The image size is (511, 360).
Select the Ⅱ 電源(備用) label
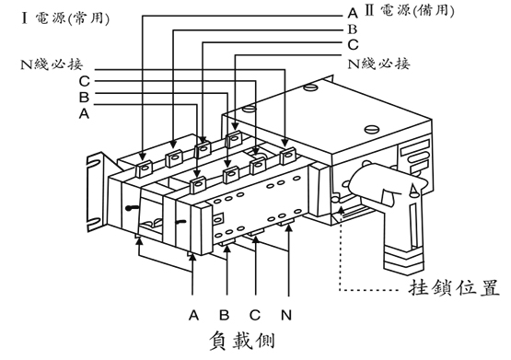[x=413, y=13]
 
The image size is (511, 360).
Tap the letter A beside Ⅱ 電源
[x=352, y=14]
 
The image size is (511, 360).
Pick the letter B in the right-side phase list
[x=352, y=29]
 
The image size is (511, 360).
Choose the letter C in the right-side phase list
[x=352, y=44]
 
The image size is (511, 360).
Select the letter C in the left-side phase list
[x=83, y=81]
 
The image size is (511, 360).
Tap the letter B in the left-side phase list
[x=83, y=97]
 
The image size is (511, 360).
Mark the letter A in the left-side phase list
[x=83, y=113]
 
